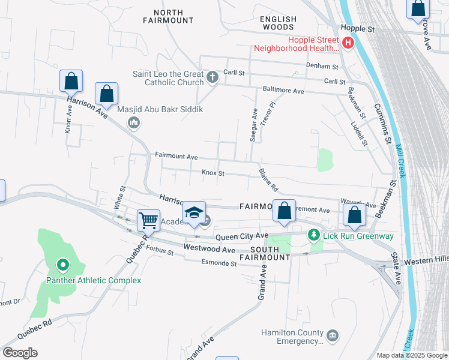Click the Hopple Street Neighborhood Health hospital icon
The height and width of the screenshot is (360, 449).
(348, 43)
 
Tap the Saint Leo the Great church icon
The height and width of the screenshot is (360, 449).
(212, 77)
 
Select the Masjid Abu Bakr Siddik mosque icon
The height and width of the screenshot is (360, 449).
(134, 122)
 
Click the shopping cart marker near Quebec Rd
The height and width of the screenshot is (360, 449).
(148, 220)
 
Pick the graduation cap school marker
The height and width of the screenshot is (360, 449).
(194, 212)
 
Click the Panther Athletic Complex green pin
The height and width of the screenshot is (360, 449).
(62, 265)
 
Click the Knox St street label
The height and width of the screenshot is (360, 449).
(212, 173)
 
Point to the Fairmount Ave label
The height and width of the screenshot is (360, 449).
(176, 156)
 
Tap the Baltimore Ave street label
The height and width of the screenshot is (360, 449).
(283, 90)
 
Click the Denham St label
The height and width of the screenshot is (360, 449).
(326, 67)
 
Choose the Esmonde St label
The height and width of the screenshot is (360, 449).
(219, 263)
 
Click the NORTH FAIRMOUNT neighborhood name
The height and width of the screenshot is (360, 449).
(168, 16)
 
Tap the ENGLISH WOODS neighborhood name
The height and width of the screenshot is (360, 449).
(278, 23)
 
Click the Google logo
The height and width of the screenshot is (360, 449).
(20, 352)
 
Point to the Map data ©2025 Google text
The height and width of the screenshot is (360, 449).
(411, 355)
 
